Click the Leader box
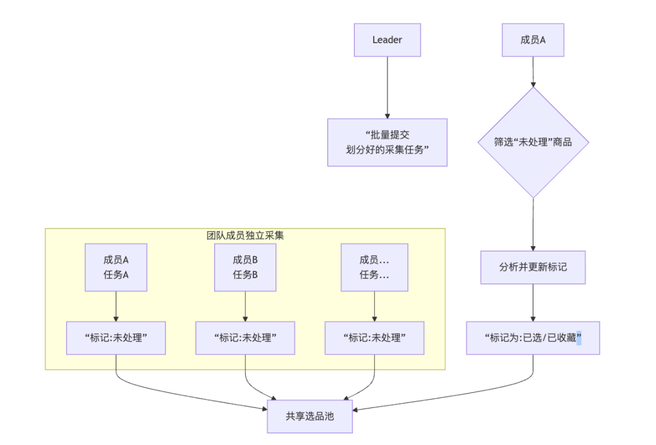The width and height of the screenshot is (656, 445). click(387, 40)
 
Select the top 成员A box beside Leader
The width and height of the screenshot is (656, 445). click(533, 40)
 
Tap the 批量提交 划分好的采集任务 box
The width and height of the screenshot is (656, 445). click(387, 142)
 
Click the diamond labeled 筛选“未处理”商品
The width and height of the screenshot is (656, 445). click(533, 142)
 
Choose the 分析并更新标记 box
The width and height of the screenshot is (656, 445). click(533, 268)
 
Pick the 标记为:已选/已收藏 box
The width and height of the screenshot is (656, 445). click(533, 337)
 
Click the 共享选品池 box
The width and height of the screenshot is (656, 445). click(309, 416)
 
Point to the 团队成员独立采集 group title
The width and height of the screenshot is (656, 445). click(245, 235)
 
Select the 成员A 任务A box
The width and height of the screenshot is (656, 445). click(116, 268)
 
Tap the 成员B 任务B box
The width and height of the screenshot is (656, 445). click(245, 268)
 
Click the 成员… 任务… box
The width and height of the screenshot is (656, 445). click(374, 268)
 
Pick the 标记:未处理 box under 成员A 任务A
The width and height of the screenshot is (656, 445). click(116, 337)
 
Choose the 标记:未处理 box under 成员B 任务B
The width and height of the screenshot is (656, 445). click(245, 337)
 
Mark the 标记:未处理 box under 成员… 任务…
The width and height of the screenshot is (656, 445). click(374, 337)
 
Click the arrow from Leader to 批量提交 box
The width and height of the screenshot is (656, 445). click(387, 87)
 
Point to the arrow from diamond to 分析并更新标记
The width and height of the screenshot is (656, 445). click(533, 224)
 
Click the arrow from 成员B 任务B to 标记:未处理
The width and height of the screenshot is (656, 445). click(245, 306)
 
